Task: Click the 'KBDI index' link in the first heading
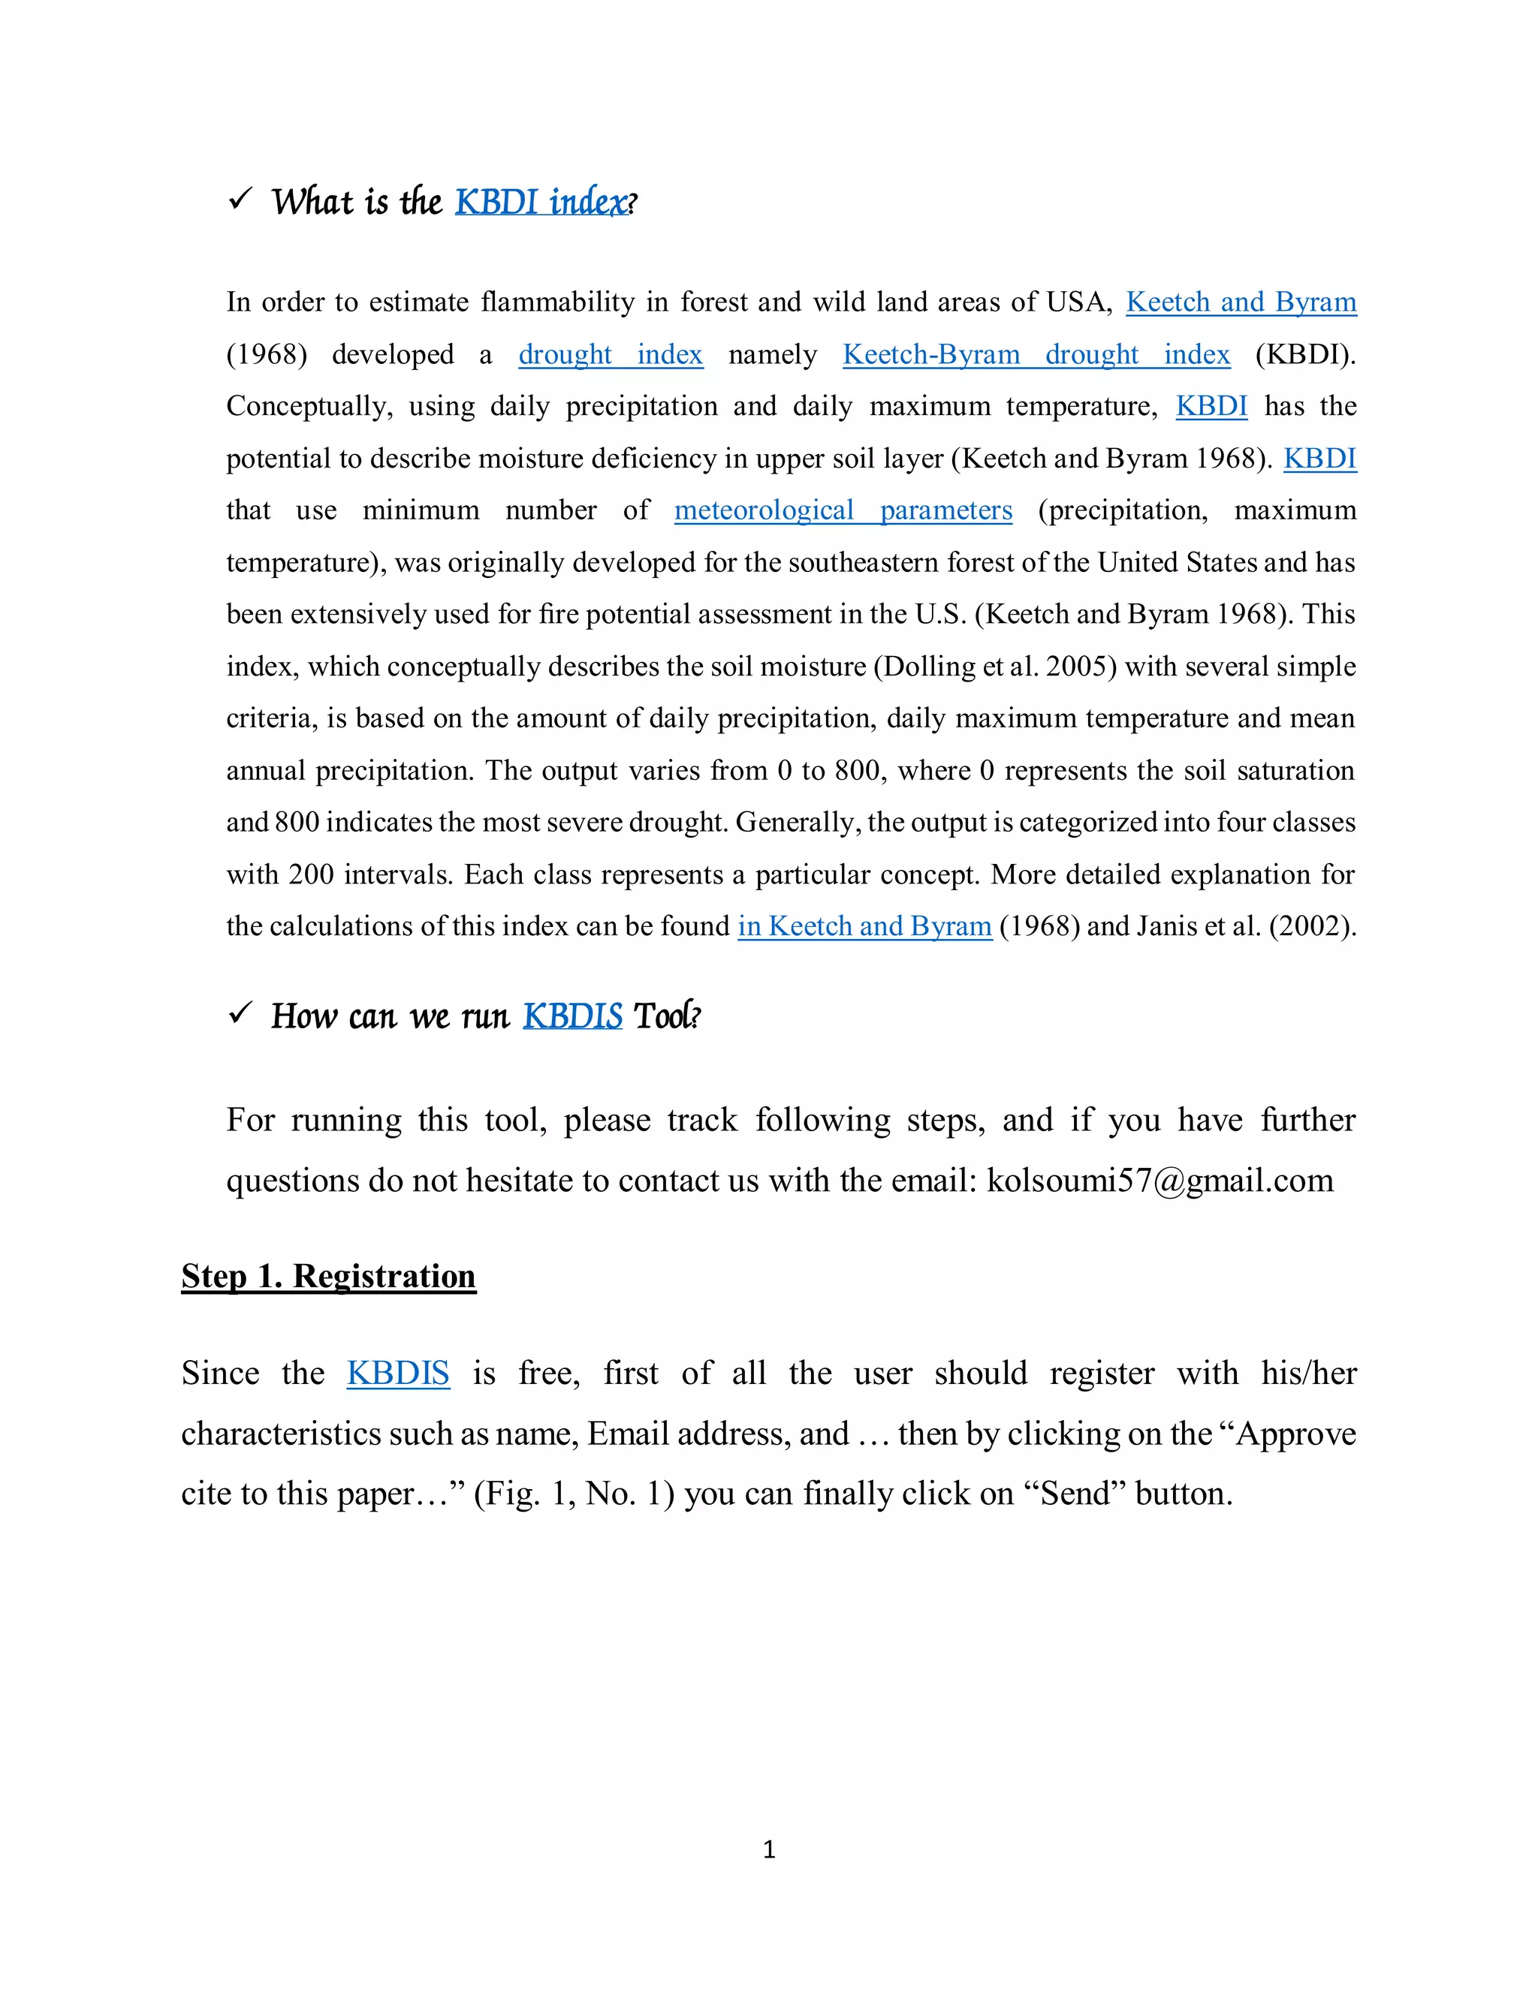[541, 202]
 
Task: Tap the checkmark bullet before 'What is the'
[240, 199]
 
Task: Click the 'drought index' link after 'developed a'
[611, 354]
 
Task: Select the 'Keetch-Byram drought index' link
[1036, 354]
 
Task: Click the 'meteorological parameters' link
[843, 510]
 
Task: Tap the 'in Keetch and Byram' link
[864, 926]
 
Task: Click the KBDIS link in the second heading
[572, 1016]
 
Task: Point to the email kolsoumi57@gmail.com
[1160, 1181]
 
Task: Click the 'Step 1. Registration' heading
[328, 1276]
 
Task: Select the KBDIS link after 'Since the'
[398, 1373]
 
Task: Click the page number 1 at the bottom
[769, 1849]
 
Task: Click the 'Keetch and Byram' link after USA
[1241, 302]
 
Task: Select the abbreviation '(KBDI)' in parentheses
[1304, 354]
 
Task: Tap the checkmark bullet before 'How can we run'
[240, 1013]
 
